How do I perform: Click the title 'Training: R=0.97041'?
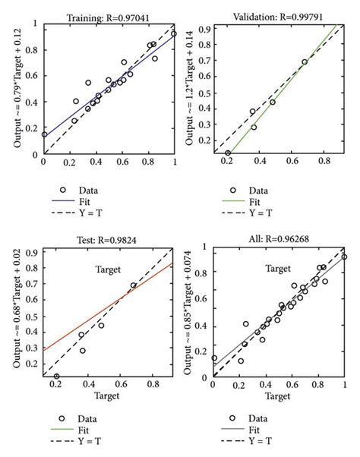(x=108, y=17)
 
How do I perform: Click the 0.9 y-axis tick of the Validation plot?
(x=204, y=30)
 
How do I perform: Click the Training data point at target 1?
(x=174, y=34)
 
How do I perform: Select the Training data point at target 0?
(x=44, y=134)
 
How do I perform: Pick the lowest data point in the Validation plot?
(x=228, y=153)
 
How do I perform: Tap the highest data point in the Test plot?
(x=134, y=285)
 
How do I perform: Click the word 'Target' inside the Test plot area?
(x=108, y=269)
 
